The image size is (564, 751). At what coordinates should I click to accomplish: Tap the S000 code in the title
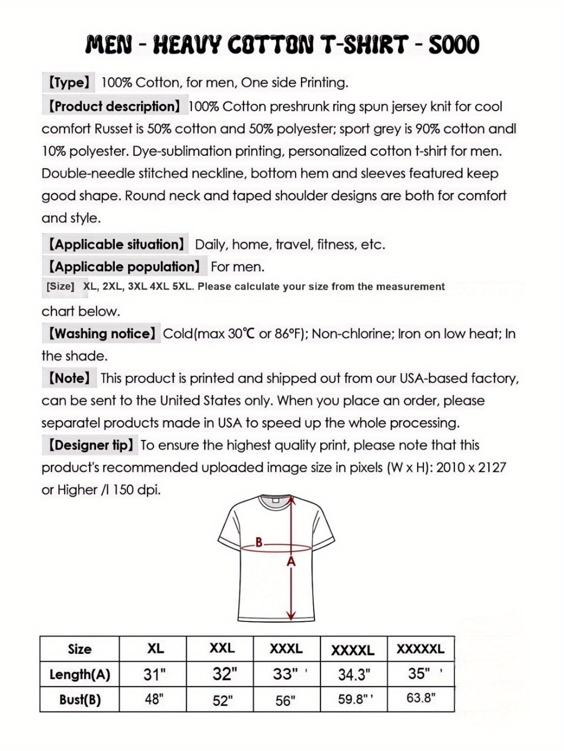click(x=454, y=45)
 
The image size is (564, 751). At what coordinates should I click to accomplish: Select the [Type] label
click(x=69, y=82)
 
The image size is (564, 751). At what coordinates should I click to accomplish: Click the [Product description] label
click(x=114, y=106)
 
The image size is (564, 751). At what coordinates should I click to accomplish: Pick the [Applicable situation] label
click(x=115, y=244)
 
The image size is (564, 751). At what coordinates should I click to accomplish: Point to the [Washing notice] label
click(x=101, y=334)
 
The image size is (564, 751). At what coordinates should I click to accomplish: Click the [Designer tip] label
click(x=90, y=445)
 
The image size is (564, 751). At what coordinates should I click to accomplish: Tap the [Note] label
click(x=69, y=378)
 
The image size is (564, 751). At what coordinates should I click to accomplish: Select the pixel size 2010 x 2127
click(x=471, y=467)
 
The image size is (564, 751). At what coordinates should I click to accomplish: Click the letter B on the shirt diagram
click(x=259, y=542)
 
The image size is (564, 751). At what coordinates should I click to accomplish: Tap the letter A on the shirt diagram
click(x=291, y=561)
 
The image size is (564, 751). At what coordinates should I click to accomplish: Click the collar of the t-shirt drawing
click(x=276, y=501)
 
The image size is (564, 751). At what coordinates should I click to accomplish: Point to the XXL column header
click(x=222, y=648)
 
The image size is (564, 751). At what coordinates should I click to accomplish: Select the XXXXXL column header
click(x=420, y=649)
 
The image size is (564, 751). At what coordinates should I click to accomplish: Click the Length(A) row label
click(x=80, y=674)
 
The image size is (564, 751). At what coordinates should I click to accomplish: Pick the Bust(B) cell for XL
click(x=154, y=699)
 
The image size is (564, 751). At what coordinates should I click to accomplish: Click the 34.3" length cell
click(x=354, y=675)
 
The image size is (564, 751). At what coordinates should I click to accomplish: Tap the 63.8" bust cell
click(x=420, y=698)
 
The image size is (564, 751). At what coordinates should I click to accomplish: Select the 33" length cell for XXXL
click(x=285, y=674)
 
